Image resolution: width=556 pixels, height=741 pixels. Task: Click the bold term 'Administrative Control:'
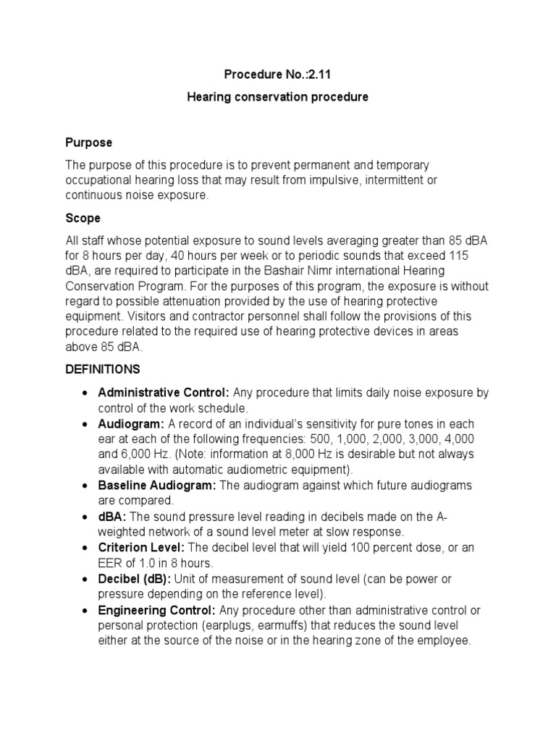tap(164, 393)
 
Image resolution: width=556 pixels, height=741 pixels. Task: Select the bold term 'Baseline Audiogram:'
tap(156, 486)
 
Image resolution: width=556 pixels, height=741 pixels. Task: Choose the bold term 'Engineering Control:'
tap(157, 610)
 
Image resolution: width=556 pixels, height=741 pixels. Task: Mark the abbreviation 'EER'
tap(111, 563)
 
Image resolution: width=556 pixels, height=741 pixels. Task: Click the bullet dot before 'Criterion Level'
tap(86, 549)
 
